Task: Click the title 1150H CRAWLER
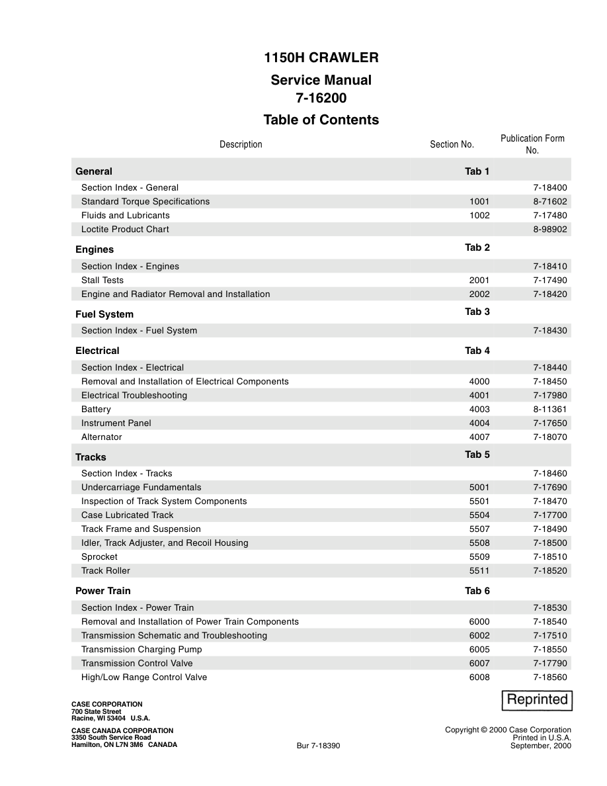(321, 58)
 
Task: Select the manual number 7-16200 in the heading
(321, 98)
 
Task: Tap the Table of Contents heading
(321, 120)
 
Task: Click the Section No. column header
(452, 144)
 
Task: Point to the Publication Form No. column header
(532, 144)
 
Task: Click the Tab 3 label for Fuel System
(477, 312)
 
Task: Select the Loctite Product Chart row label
(125, 230)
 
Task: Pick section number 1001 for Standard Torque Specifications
(479, 202)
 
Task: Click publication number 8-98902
(550, 230)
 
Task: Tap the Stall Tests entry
(102, 281)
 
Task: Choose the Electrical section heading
(97, 351)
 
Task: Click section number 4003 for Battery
(479, 410)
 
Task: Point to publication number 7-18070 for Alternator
(550, 437)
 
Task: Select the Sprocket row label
(99, 557)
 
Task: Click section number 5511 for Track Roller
(479, 571)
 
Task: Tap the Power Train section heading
(103, 591)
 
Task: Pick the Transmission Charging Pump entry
(142, 650)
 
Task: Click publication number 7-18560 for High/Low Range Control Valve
(550, 677)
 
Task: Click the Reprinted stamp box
(538, 700)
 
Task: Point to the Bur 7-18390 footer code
(318, 746)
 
